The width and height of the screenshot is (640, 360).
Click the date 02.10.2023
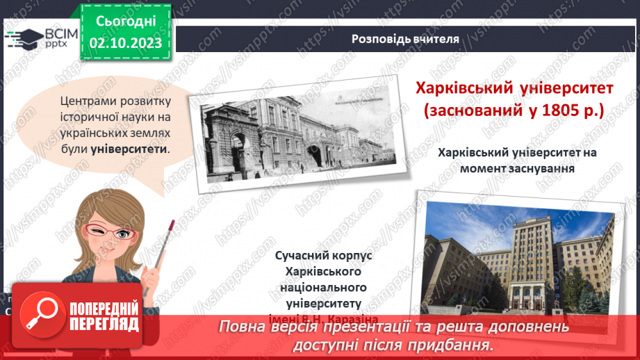[x=125, y=44]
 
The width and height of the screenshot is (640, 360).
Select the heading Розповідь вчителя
[x=406, y=39]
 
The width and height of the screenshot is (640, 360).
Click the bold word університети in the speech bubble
[x=129, y=149]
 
